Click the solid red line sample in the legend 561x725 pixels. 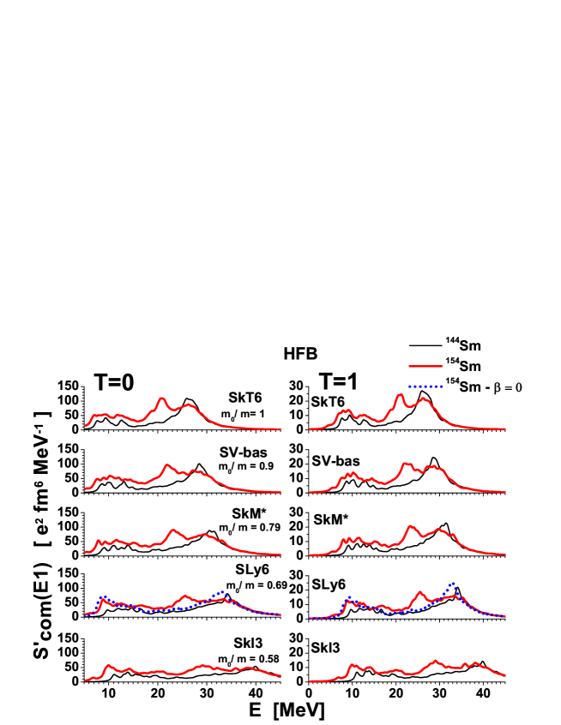click(425, 366)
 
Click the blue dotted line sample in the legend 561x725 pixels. click(425, 386)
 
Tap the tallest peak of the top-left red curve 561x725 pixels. click(161, 398)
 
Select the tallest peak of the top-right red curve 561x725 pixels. click(399, 395)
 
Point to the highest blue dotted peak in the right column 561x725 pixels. click(452, 584)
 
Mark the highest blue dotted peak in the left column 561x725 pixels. click(222, 592)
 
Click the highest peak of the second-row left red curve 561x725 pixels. click(167, 465)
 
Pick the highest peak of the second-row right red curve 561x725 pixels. click(406, 464)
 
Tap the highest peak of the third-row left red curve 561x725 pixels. click(173, 530)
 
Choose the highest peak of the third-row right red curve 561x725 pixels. click(410, 525)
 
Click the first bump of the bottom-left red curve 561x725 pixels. click(108, 665)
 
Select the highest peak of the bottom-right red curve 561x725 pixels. click(434, 661)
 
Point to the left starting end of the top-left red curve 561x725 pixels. click(85, 425)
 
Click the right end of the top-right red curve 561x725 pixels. click(504, 428)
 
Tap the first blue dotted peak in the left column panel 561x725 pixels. click(102, 596)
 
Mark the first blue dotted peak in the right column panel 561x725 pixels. click(349, 597)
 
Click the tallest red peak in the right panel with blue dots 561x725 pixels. click(419, 591)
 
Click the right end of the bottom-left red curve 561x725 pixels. click(280, 675)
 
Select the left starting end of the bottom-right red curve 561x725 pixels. click(310, 681)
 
